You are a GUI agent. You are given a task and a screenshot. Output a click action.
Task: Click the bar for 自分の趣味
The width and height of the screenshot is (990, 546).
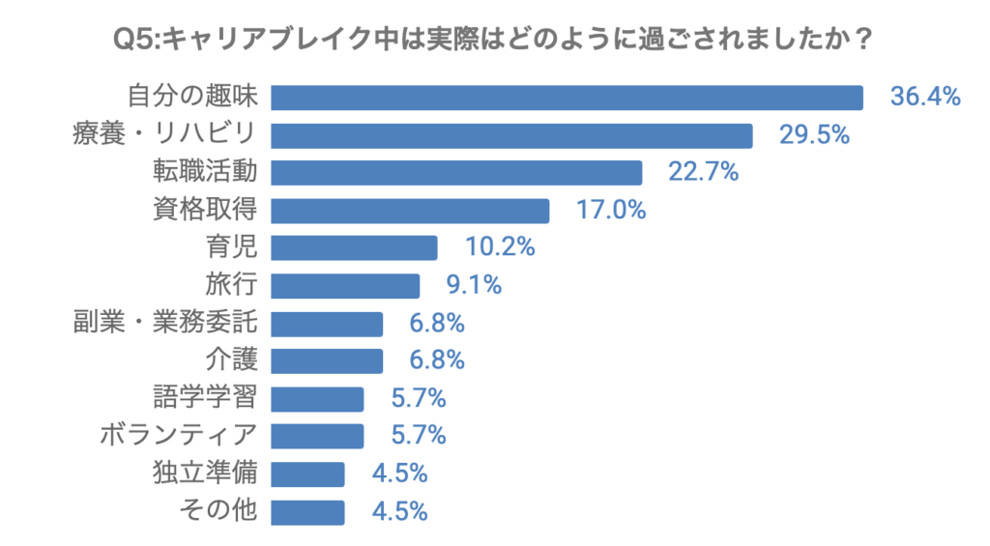567,98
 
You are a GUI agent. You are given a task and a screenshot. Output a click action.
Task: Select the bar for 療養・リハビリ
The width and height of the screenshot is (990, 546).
511,135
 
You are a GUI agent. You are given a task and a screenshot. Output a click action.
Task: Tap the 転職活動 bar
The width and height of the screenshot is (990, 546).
456,173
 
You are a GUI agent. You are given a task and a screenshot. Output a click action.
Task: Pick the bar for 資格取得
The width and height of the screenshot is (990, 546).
410,211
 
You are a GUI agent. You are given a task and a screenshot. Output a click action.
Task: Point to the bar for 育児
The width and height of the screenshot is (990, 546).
354,248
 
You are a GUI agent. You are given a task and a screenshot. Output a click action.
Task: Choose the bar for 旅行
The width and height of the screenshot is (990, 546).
345,286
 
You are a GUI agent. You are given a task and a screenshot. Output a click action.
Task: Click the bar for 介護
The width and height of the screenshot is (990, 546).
327,361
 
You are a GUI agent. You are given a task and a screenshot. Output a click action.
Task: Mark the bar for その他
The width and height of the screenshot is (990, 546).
307,512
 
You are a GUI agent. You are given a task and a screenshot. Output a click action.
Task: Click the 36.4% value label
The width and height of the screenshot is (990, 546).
924,98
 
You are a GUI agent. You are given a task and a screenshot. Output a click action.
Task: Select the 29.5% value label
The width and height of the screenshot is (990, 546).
814,135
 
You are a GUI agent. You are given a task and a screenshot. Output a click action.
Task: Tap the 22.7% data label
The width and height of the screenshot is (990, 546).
704,173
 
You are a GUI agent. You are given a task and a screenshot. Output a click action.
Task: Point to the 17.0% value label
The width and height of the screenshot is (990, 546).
610,211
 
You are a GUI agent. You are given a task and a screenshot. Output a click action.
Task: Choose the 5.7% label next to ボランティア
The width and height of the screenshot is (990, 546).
417,437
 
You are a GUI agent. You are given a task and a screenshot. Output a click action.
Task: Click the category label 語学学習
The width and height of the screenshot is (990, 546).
205,399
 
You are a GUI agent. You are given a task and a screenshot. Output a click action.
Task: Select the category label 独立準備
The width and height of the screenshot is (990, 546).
205,474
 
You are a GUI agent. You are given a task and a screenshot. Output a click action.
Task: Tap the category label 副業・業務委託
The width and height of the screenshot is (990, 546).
165,324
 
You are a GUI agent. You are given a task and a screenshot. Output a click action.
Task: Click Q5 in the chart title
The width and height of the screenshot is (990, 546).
133,41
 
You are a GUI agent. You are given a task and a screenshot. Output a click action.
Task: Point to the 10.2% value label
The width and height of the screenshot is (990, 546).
500,248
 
